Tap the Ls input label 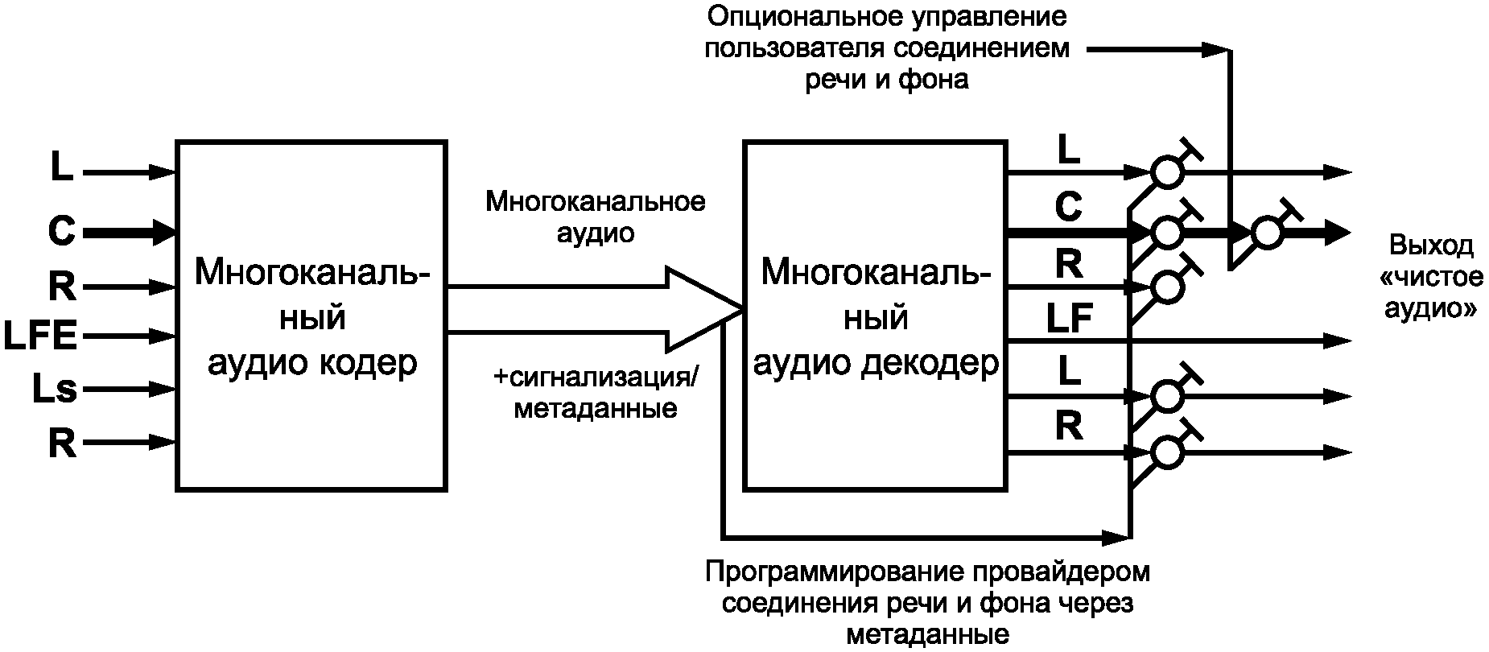[x=54, y=390]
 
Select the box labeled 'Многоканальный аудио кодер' [x=311, y=316]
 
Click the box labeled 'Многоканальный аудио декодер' [x=875, y=316]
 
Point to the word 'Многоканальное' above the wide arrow [x=595, y=201]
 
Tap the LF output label [x=1068, y=320]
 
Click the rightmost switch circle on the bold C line [x=1268, y=233]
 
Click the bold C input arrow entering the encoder [x=129, y=233]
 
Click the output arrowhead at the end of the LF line [x=1338, y=341]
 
